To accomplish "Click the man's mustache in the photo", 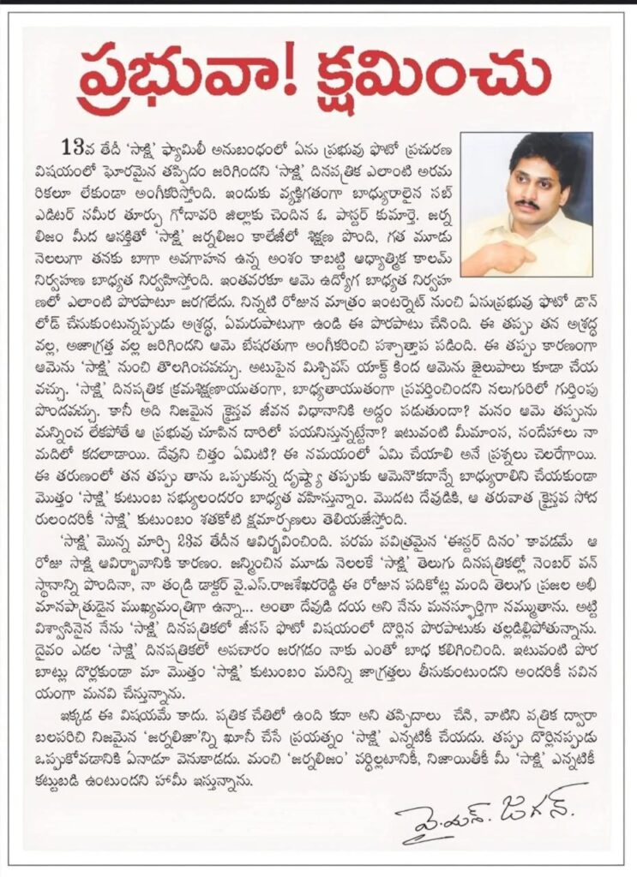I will [x=528, y=206].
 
